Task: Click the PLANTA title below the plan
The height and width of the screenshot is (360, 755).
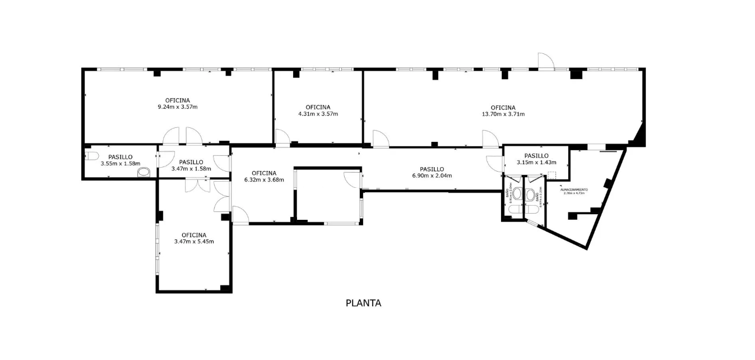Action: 363,303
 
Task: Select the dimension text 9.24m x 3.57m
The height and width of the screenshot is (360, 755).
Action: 178,107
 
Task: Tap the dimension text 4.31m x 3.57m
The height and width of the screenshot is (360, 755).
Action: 318,114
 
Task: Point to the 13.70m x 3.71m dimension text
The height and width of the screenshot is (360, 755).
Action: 503,114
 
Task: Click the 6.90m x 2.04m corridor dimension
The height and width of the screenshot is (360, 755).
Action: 432,176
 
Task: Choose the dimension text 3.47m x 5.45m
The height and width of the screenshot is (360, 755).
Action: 194,242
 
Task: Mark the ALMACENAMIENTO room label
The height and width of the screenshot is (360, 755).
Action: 574,190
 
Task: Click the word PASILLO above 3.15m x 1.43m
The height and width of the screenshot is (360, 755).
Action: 536,156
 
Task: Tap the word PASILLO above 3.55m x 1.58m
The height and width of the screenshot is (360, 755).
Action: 120,157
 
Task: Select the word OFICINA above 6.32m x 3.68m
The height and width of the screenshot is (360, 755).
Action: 263,173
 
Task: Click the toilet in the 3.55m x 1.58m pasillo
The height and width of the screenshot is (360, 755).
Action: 91,155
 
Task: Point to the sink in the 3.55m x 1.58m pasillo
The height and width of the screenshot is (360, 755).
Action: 145,172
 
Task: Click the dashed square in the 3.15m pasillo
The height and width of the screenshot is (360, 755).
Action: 552,174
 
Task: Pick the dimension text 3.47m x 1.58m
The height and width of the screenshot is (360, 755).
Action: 191,168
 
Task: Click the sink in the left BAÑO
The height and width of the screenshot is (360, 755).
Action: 517,193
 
